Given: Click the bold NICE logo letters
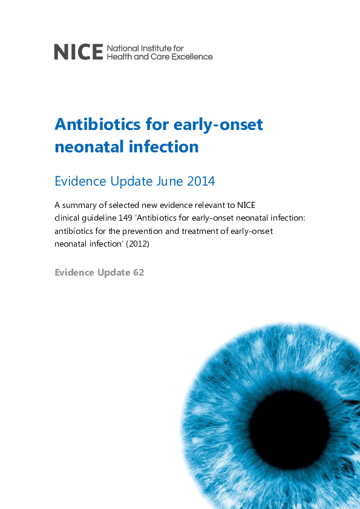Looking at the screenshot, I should click(x=78, y=52).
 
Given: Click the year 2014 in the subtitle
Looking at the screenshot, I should click(x=200, y=181).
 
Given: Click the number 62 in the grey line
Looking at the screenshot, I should click(x=138, y=272).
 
